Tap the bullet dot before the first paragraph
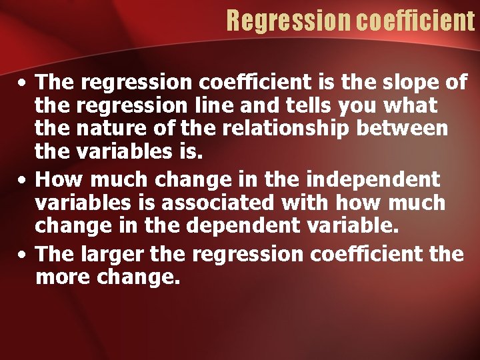click(23, 84)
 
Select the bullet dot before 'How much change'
click(23, 180)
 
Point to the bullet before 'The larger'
click(23, 253)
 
